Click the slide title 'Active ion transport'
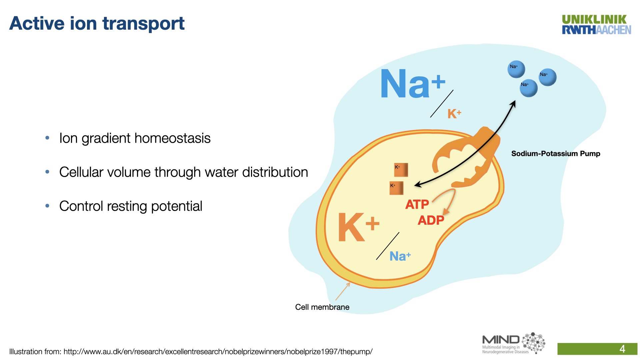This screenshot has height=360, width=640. pos(97,24)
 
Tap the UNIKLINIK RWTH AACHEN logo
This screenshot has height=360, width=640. pos(596,25)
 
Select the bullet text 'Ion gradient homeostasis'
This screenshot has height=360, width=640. pos(135,138)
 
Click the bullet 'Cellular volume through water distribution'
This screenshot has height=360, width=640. pos(184,172)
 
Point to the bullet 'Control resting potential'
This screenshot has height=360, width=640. pos(131,206)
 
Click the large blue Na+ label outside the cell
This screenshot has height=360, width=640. pos(413,83)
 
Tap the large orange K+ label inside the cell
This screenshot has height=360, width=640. pos(359,227)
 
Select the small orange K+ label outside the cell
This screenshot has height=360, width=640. pos(454,114)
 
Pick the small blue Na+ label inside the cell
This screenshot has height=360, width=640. pos(400,256)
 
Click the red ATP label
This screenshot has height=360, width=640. pos(417,204)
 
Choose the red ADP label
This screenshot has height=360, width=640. pos(431,220)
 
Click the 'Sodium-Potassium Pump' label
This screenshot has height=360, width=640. pos(556,154)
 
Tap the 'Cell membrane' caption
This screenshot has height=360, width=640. pos(322,307)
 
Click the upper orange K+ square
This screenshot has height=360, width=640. pos(401,170)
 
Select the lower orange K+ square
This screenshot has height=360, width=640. pos(396,188)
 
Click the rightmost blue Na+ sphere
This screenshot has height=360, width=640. pos(548,77)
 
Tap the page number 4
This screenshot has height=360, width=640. pos(622,349)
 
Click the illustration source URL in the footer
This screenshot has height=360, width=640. pos(218,352)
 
